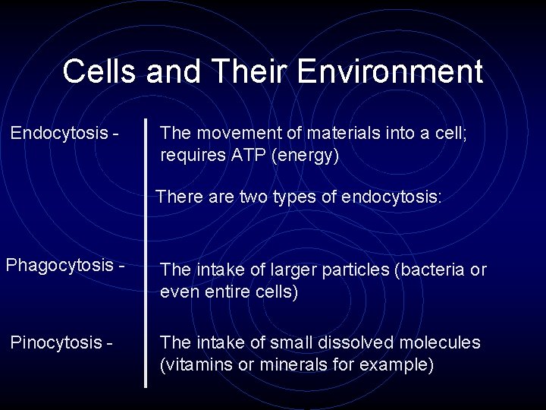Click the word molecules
point(443,343)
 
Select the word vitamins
point(194,364)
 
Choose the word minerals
point(287,364)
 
